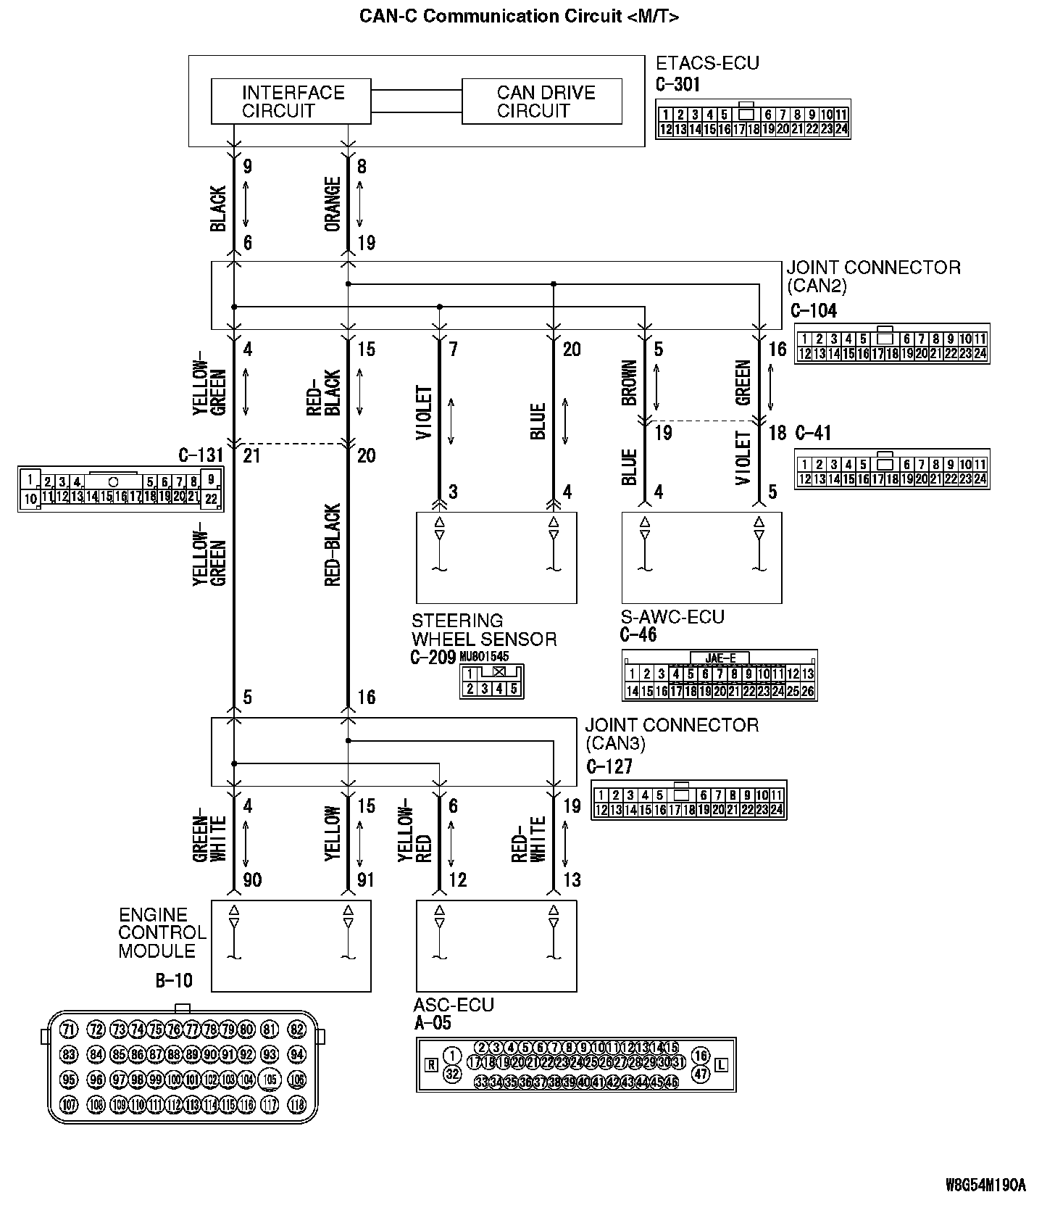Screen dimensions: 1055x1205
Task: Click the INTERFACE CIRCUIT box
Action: (291, 102)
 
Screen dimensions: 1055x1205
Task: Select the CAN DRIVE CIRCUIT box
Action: (542, 102)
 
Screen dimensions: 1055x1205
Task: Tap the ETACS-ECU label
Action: (707, 63)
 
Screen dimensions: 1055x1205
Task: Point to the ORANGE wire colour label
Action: (333, 204)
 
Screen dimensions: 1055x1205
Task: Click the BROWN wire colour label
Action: (629, 382)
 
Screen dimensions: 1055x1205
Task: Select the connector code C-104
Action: (814, 310)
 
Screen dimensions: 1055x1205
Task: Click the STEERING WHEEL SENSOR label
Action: (484, 630)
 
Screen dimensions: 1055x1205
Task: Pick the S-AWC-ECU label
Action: (672, 617)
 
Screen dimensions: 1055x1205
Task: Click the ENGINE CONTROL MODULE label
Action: (162, 932)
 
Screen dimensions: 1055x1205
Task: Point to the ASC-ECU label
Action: (454, 1005)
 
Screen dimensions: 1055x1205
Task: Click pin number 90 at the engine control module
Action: (252, 880)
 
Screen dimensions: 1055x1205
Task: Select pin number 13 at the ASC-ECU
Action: (572, 880)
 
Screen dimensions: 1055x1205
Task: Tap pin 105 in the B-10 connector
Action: (270, 1080)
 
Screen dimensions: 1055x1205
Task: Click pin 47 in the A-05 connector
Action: (700, 1074)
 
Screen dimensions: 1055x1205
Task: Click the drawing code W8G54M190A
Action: (985, 1185)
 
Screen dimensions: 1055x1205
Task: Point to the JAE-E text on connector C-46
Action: (720, 658)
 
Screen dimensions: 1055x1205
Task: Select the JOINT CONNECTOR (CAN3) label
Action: (672, 734)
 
